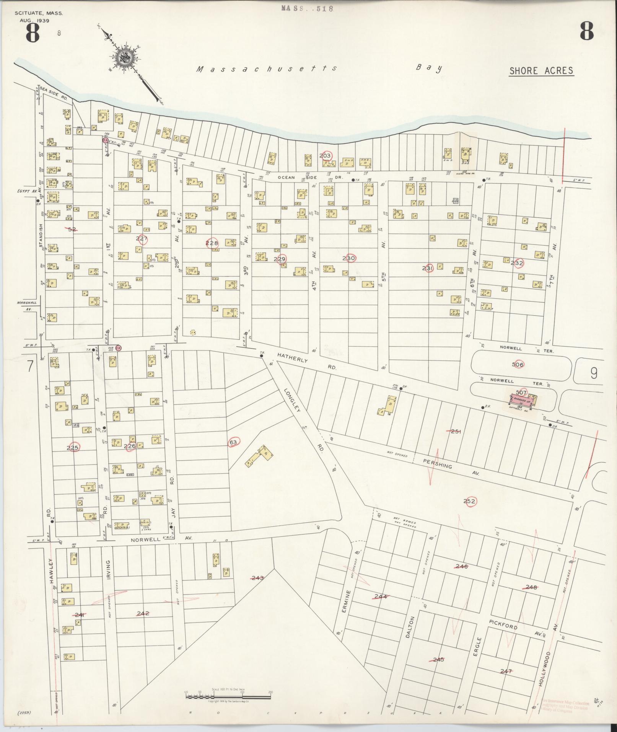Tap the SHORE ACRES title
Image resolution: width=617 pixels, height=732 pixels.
point(541,71)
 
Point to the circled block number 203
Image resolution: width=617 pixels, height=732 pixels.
point(325,156)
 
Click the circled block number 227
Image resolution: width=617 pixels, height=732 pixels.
point(142,239)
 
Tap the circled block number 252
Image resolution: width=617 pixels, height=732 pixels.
point(469,501)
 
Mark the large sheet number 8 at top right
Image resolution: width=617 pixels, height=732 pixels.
point(586,31)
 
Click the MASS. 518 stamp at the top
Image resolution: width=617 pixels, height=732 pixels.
point(308,8)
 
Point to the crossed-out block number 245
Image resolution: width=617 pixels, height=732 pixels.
point(438,659)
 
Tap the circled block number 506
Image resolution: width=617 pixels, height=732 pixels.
point(518,364)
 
